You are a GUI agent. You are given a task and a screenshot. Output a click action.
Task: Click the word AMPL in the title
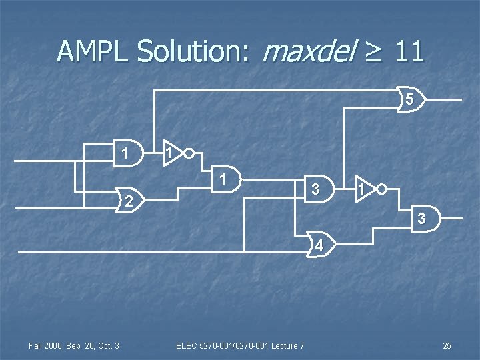coord(93,51)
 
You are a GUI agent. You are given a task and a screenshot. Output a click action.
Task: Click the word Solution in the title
coord(193,51)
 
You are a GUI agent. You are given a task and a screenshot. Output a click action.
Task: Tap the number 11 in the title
coord(408,51)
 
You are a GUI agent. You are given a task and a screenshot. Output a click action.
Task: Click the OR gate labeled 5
coord(411,99)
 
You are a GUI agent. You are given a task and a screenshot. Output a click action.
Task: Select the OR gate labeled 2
coord(131,201)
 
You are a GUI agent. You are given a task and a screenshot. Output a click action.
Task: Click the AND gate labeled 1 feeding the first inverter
coord(127,153)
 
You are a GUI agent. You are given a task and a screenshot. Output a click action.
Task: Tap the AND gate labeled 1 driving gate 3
coord(227,179)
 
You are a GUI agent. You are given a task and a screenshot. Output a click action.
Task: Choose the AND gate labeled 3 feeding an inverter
coord(317,189)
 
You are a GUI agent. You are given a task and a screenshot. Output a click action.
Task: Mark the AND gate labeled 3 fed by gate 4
coord(423,218)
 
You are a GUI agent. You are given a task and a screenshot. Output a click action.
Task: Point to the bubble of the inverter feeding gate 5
coord(189,153)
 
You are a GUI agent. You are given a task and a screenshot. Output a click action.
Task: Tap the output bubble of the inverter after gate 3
coord(381,189)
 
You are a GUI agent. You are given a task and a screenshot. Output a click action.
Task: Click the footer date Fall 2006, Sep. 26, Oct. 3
coord(73,345)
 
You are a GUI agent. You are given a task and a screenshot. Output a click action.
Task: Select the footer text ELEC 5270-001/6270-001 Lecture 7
coord(240,345)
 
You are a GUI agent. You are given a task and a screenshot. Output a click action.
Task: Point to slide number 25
coord(447,345)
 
